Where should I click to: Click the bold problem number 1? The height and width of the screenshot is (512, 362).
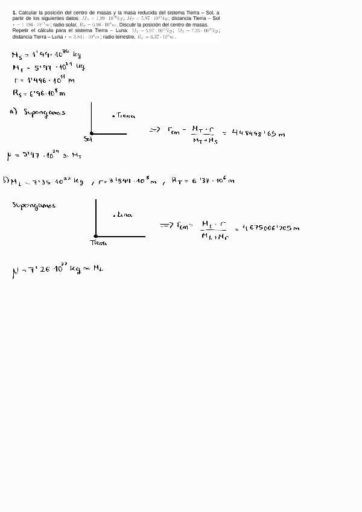click(13, 12)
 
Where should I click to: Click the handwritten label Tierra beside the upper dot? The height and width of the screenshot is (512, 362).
click(125, 115)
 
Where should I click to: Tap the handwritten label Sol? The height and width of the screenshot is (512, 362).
click(87, 139)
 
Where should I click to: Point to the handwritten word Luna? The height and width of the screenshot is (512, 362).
click(124, 214)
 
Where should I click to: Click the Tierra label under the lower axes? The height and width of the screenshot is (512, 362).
click(98, 243)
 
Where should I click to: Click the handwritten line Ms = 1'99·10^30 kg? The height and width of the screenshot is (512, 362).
click(46, 55)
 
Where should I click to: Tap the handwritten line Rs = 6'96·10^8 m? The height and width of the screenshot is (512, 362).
click(39, 93)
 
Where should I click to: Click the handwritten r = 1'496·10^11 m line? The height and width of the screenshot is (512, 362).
click(43, 80)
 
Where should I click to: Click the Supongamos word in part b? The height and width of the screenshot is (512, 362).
click(34, 205)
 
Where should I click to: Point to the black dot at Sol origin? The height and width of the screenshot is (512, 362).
click(92, 133)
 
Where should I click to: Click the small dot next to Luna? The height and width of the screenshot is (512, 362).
click(114, 215)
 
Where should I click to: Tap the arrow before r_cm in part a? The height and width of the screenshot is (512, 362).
click(154, 129)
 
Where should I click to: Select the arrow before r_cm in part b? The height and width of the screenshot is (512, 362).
click(167, 225)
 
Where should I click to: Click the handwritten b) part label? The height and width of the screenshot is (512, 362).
click(5, 180)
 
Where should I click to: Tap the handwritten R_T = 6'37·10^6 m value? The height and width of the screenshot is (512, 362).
click(202, 180)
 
